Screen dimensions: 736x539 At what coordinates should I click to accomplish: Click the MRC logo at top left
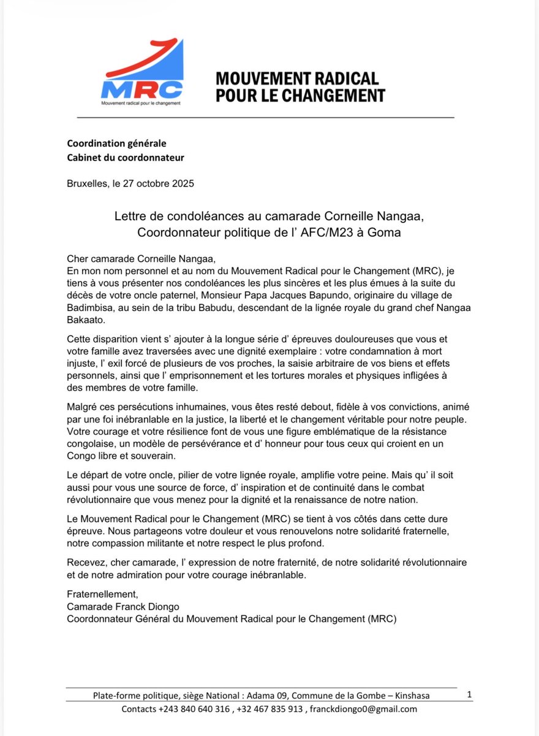coord(142,72)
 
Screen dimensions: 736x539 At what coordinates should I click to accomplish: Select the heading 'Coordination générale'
coord(116,144)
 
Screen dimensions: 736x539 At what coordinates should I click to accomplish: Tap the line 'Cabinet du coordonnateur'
coord(125,158)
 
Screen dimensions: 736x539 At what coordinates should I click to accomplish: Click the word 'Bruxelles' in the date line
coord(87,183)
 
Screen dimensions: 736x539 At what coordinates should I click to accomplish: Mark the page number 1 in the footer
coord(469,694)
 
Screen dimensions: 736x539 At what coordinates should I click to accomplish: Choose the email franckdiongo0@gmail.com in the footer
coord(363,709)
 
